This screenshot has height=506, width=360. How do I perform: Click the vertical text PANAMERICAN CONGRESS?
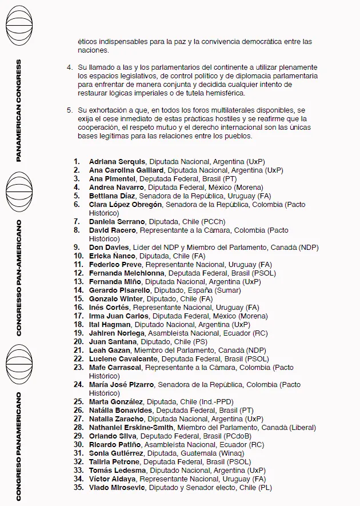19,110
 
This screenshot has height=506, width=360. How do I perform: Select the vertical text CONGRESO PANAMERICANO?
19,446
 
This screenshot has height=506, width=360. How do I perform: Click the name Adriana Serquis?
115,162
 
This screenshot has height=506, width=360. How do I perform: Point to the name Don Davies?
109,248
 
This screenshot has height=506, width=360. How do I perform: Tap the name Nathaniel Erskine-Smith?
131,427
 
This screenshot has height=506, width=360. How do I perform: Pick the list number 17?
79,316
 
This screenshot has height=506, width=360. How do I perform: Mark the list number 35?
79,487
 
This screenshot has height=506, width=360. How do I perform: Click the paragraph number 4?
69,67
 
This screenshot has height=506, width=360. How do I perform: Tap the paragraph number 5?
69,109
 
